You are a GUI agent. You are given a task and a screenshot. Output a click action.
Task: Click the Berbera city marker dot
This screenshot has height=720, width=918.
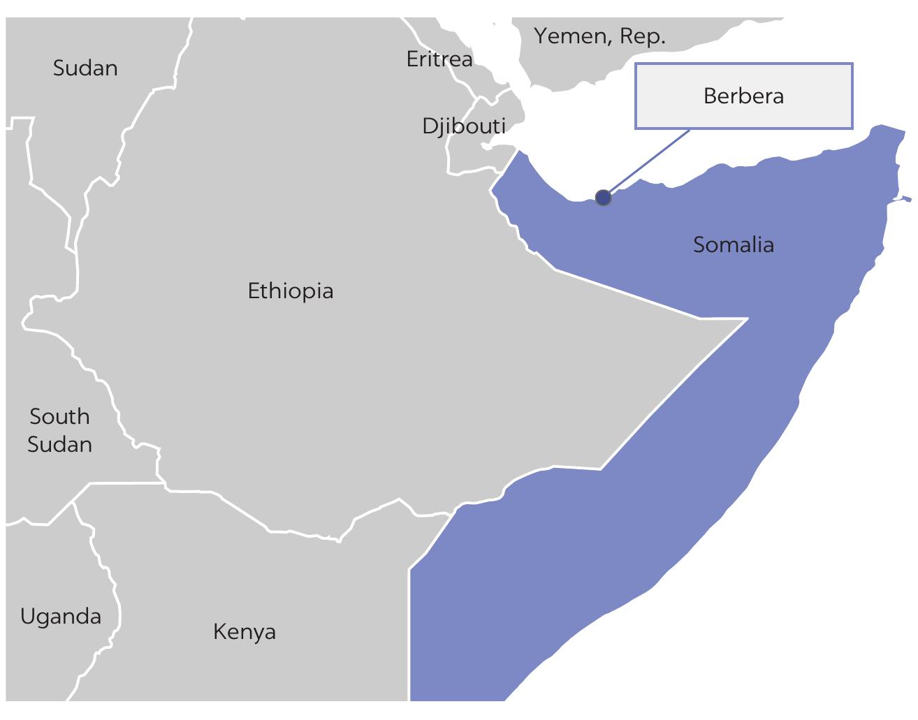pyautogui.click(x=603, y=198)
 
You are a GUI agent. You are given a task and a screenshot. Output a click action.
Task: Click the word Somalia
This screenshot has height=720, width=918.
pyautogui.click(x=733, y=244)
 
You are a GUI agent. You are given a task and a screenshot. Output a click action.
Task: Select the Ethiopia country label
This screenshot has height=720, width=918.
pyautogui.click(x=291, y=291)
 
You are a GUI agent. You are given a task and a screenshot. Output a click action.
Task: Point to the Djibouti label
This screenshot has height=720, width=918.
pyautogui.click(x=463, y=126)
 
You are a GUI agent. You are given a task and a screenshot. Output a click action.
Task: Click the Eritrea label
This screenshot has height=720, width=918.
pyautogui.click(x=439, y=59)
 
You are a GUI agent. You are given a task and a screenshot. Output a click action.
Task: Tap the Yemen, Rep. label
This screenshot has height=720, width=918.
pyautogui.click(x=599, y=36)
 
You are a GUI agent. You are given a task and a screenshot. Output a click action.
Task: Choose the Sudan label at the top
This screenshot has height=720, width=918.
pyautogui.click(x=85, y=68)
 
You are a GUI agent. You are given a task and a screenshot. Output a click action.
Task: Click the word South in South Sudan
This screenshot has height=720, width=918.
pyautogui.click(x=59, y=416)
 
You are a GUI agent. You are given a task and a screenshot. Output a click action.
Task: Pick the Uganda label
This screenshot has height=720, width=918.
pyautogui.click(x=60, y=617)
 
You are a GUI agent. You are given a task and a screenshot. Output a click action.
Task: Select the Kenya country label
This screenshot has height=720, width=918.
pyautogui.click(x=244, y=632)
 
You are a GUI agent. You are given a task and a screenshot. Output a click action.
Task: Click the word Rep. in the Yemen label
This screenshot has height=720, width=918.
pyautogui.click(x=643, y=36)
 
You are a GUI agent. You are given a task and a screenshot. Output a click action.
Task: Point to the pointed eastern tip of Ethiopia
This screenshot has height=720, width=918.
pyautogui.click(x=746, y=318)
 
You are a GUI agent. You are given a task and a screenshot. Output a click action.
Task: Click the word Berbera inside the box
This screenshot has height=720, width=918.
pyautogui.click(x=743, y=96)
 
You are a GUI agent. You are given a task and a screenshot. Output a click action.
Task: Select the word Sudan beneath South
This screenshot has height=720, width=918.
pyautogui.click(x=59, y=444)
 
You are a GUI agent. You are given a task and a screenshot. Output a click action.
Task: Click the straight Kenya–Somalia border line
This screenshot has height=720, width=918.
pyautogui.click(x=409, y=629)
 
